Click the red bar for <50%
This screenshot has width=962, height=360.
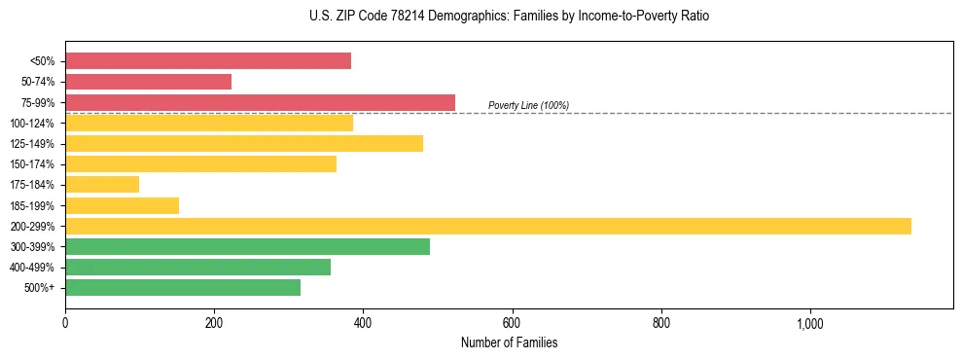point(208,61)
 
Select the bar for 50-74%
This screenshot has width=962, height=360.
point(148,82)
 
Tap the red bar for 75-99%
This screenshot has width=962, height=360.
point(260,102)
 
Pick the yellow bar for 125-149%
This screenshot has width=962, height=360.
point(244,143)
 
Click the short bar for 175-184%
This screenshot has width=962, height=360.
point(102,184)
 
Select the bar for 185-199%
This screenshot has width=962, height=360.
point(122,205)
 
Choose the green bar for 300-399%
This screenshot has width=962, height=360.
point(247,246)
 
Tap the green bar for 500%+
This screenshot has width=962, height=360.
point(183,287)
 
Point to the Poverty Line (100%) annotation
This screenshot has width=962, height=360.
point(528,105)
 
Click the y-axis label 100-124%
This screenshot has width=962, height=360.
point(33,124)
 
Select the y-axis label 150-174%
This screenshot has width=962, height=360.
point(33,164)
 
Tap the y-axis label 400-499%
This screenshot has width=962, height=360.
point(33,268)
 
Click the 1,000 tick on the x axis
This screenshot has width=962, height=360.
point(810,323)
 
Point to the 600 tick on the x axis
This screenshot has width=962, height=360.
point(513,323)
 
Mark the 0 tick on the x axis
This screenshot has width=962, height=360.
point(65,323)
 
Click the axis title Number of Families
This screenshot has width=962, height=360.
point(509,342)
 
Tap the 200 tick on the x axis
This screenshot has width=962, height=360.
point(214,323)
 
